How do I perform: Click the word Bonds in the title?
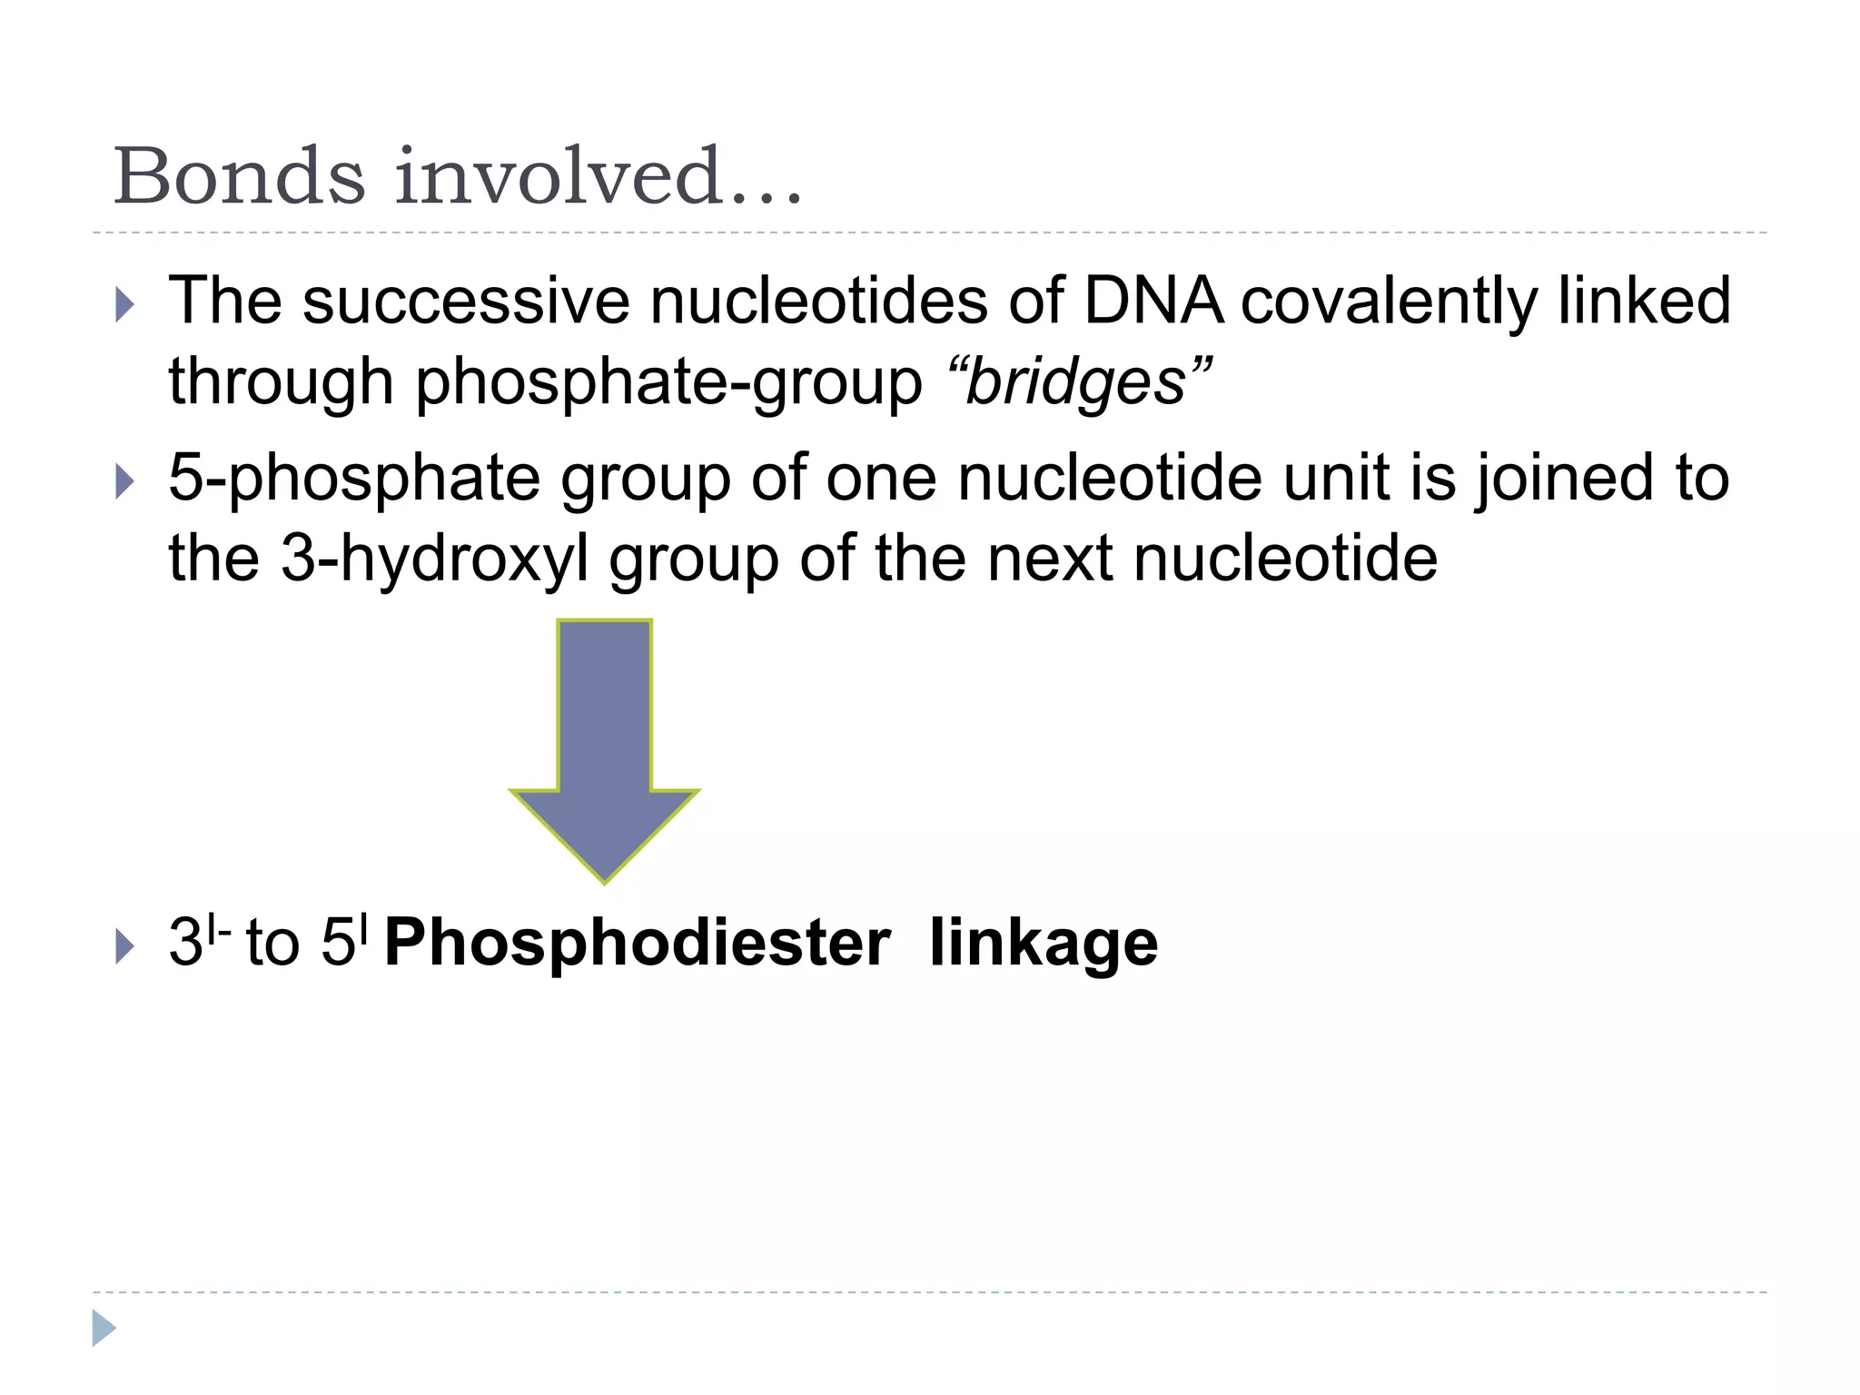tap(239, 176)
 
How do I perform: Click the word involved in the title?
tap(557, 176)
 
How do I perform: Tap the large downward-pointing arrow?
tap(605, 745)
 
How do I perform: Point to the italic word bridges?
tap(1077, 381)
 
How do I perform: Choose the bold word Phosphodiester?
tap(637, 943)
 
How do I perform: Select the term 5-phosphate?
tap(355, 480)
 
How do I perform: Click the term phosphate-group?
tap(668, 382)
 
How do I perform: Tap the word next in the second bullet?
tap(1050, 559)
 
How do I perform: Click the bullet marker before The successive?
tap(124, 305)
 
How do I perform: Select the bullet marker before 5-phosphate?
tap(124, 481)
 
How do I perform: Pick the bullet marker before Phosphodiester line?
tap(124, 947)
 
